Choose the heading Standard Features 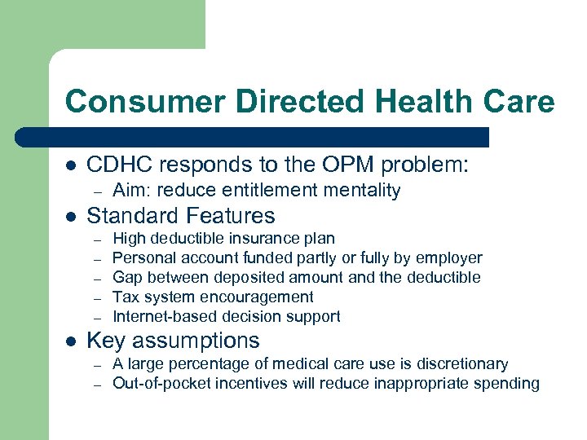click(180, 216)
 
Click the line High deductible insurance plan click(223, 239)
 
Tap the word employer click(448, 258)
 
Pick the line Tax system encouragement click(212, 297)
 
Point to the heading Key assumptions click(172, 341)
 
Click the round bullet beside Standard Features click(71, 217)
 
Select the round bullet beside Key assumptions click(71, 341)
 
